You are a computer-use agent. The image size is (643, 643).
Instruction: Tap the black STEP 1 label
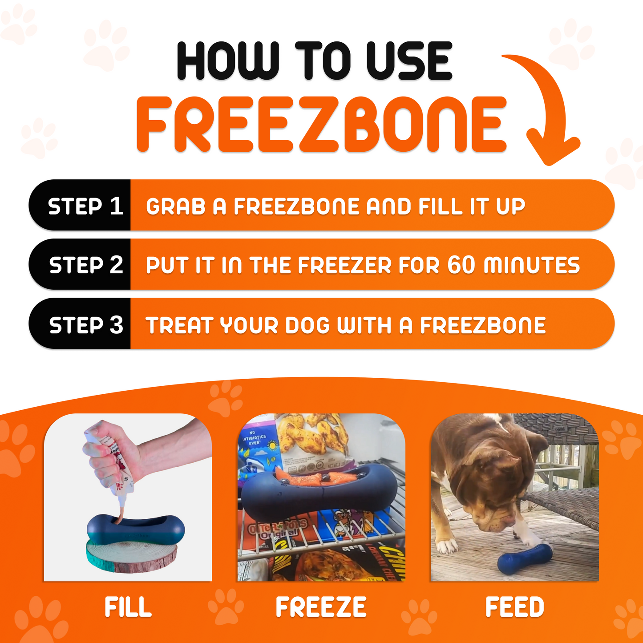click(x=85, y=206)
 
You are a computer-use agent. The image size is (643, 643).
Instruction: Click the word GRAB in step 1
click(x=175, y=206)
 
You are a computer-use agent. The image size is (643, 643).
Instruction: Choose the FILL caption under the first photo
click(x=128, y=607)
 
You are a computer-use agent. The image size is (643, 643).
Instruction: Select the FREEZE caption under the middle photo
click(x=321, y=607)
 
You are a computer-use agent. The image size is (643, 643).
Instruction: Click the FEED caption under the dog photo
click(x=515, y=607)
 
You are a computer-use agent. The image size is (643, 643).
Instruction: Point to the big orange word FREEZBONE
click(x=321, y=125)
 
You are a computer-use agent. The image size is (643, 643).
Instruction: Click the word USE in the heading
click(x=409, y=61)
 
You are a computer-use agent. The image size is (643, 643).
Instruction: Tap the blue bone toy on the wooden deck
click(x=525, y=556)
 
